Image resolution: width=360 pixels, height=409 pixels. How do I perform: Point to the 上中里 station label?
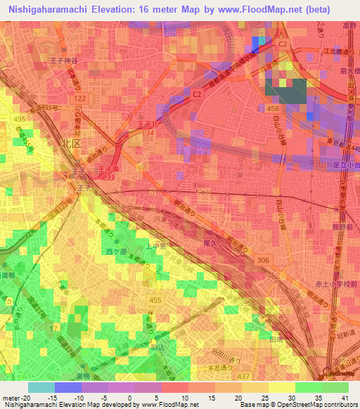(x=157, y=245)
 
